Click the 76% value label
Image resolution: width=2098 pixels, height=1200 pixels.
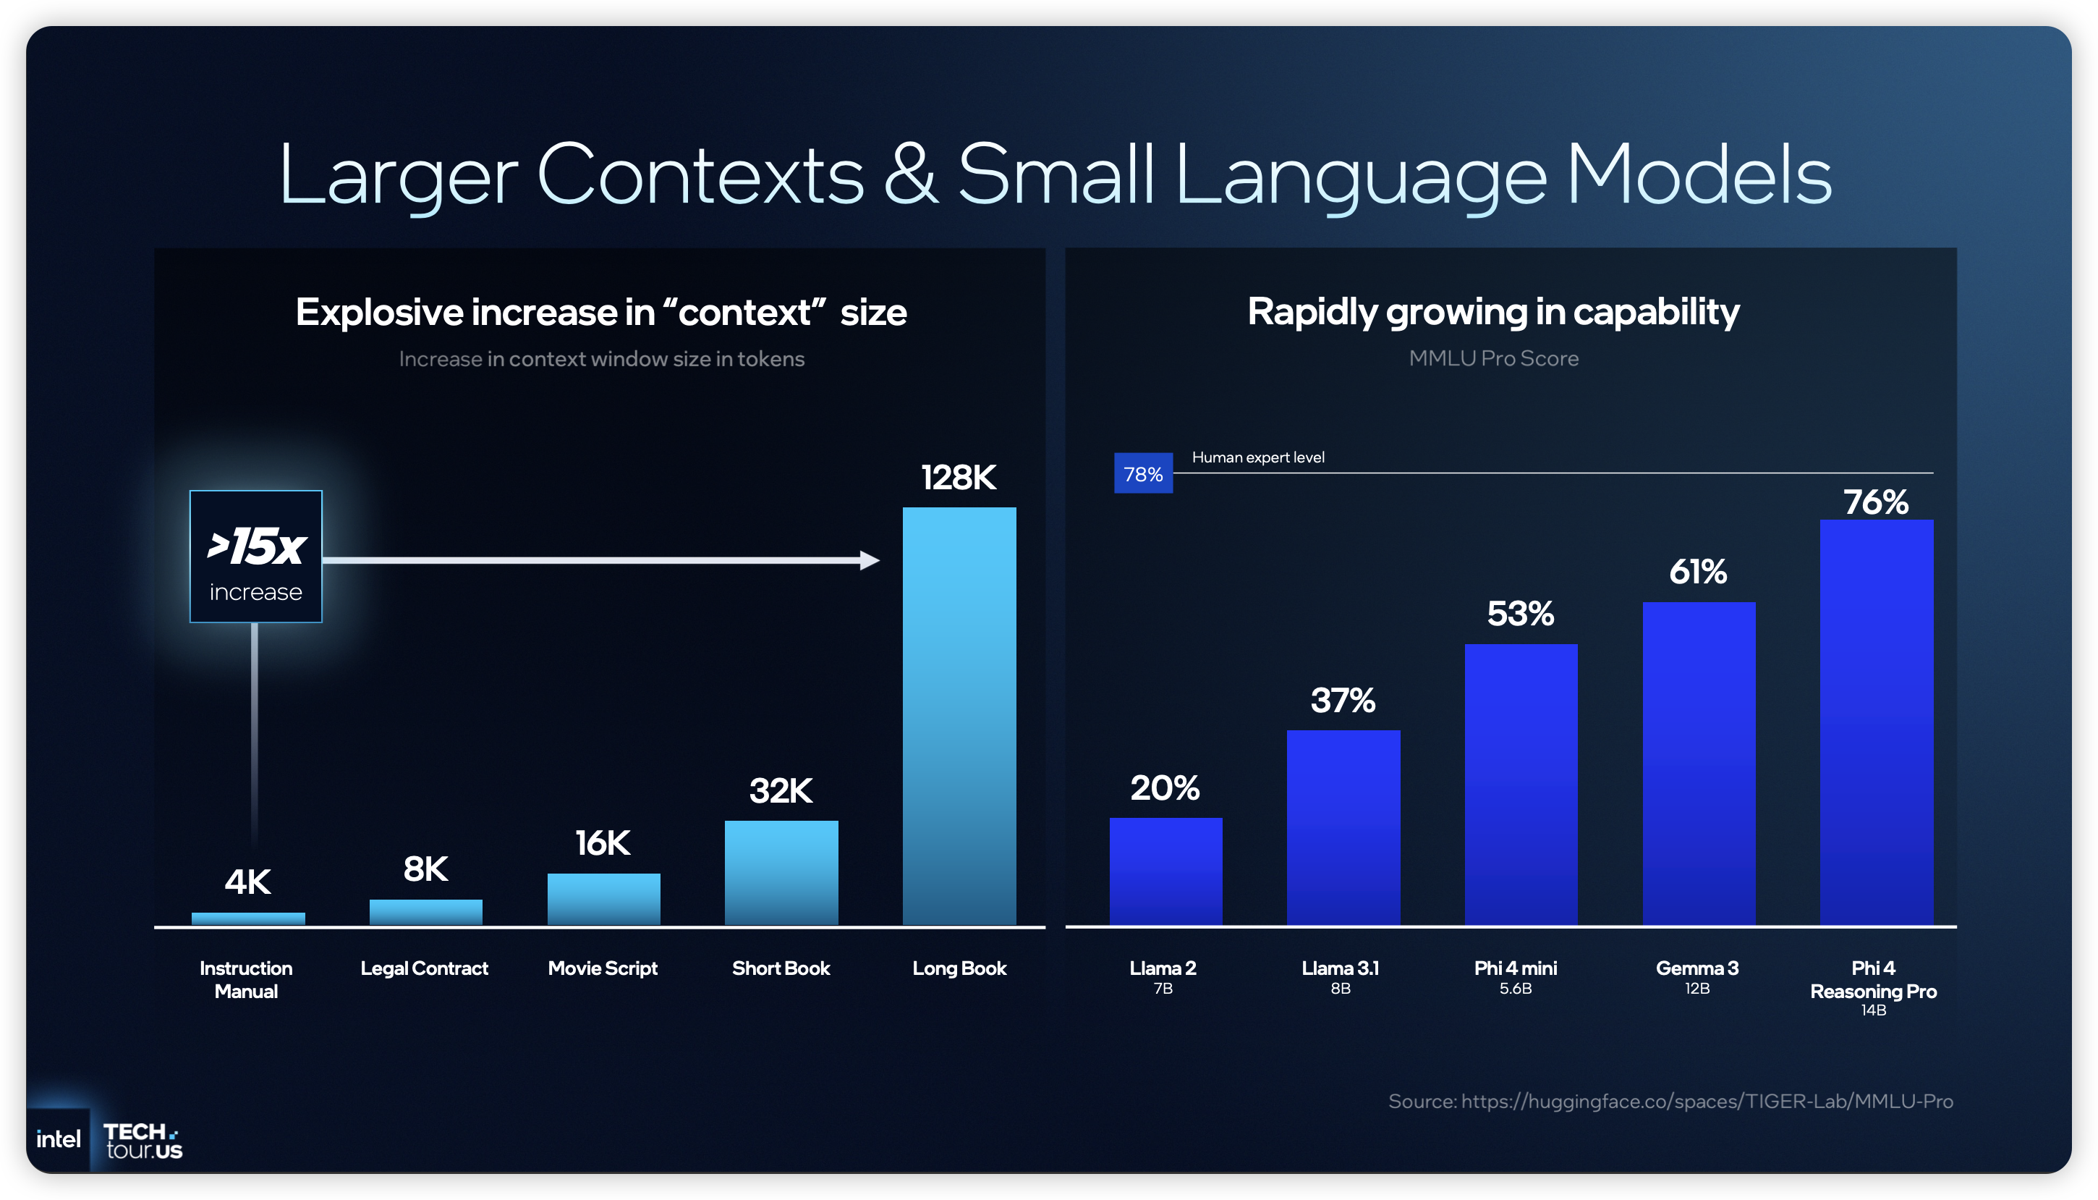[1876, 502]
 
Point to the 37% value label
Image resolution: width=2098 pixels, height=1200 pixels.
[1343, 701]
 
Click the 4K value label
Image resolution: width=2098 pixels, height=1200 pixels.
[248, 882]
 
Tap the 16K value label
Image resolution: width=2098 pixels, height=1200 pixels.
[603, 843]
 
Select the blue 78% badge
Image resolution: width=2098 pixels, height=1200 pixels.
[1143, 474]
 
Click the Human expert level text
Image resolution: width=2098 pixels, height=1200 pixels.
[1258, 457]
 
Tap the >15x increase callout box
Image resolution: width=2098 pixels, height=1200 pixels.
[256, 557]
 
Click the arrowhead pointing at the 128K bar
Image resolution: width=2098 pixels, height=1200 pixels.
[870, 560]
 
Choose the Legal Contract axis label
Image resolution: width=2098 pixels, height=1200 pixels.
[424, 968]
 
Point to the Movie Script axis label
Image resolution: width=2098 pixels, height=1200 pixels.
[603, 968]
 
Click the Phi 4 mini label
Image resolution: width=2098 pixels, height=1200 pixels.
[1516, 968]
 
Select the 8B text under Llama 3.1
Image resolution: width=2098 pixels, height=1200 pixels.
[1340, 988]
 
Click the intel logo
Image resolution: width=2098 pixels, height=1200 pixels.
[59, 1139]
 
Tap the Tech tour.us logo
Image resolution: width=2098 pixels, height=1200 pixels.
[143, 1141]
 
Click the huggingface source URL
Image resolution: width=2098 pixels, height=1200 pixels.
[1707, 1101]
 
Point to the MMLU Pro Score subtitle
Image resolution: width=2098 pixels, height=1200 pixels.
[1493, 358]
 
